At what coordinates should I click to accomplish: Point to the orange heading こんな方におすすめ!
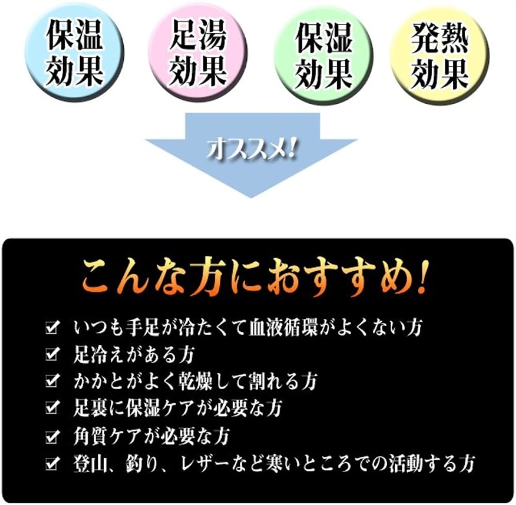(254, 279)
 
